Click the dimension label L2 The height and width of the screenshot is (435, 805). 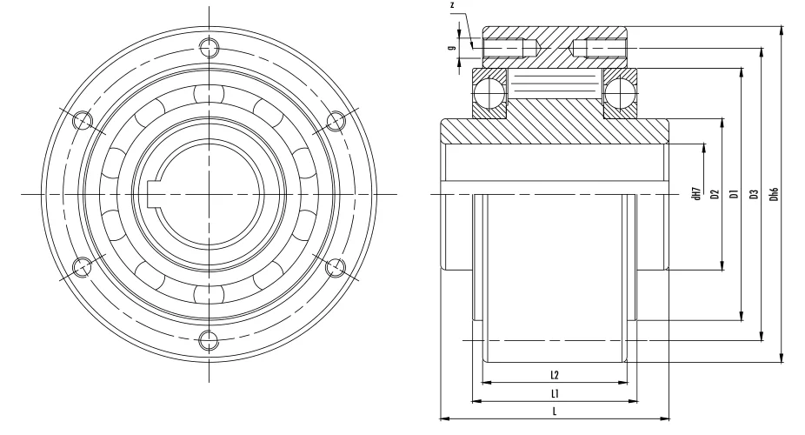click(x=554, y=375)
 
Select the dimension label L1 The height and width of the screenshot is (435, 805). click(x=554, y=394)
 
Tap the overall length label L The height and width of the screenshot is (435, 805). click(x=554, y=412)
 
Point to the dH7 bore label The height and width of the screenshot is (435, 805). click(x=696, y=193)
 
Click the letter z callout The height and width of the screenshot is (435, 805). click(x=452, y=5)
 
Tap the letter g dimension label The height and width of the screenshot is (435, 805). click(x=452, y=49)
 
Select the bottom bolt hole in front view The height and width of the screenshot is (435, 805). click(x=209, y=339)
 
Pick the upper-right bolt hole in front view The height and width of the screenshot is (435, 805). click(x=336, y=119)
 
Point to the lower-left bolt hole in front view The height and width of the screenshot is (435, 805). click(x=82, y=266)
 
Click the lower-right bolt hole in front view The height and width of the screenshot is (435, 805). click(x=336, y=266)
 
